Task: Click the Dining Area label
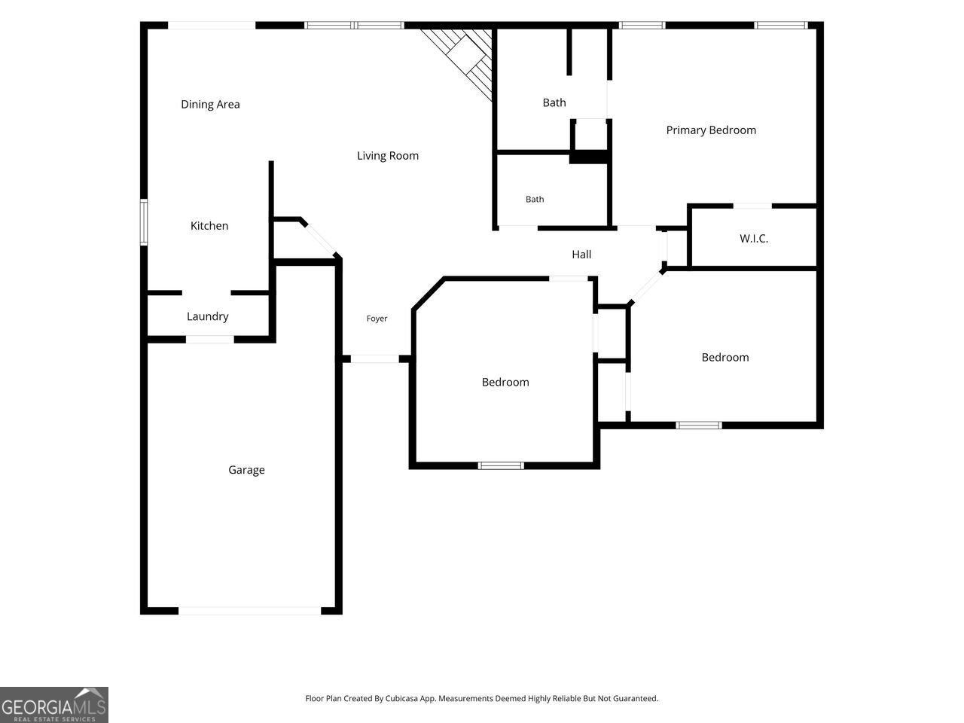[x=210, y=105]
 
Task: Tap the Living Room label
[x=387, y=156]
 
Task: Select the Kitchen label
[x=209, y=226]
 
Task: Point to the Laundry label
[x=207, y=316]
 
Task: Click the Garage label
[x=246, y=470]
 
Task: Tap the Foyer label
[x=377, y=319]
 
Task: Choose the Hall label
[x=581, y=254]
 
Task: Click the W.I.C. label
[x=754, y=239]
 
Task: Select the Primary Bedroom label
[x=711, y=130]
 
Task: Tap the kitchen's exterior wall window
[x=144, y=221]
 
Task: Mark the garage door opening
[x=250, y=611]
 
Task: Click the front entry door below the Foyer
[x=374, y=358]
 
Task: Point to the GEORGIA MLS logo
[x=54, y=705]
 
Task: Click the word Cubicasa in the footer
[x=401, y=698]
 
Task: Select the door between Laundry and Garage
[x=210, y=340]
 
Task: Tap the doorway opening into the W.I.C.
[x=752, y=206]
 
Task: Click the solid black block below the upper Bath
[x=588, y=157]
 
